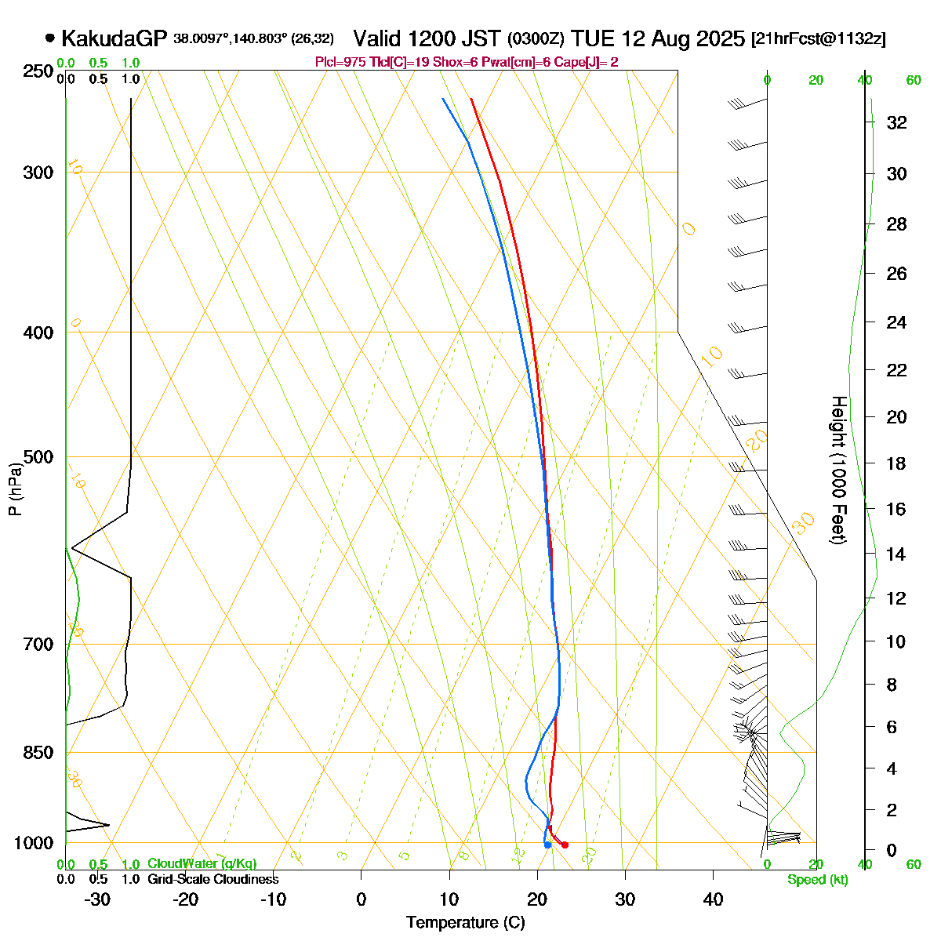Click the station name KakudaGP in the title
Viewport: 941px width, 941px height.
(114, 38)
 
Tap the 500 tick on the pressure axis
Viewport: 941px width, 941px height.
(38, 456)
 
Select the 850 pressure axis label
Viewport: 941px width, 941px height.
(38, 752)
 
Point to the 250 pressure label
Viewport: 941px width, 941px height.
(38, 71)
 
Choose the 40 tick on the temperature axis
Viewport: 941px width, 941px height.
(713, 899)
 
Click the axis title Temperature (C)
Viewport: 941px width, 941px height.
(465, 923)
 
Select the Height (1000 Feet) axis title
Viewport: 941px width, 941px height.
(837, 470)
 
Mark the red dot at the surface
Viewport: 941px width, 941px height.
(565, 845)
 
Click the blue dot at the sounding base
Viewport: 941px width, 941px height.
(547, 845)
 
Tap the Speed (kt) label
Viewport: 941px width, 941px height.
(818, 880)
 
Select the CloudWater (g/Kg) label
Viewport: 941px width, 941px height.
(202, 863)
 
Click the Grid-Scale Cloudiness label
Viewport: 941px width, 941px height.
(213, 879)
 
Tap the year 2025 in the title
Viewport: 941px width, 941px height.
(720, 38)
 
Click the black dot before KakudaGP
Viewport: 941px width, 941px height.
(50, 38)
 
